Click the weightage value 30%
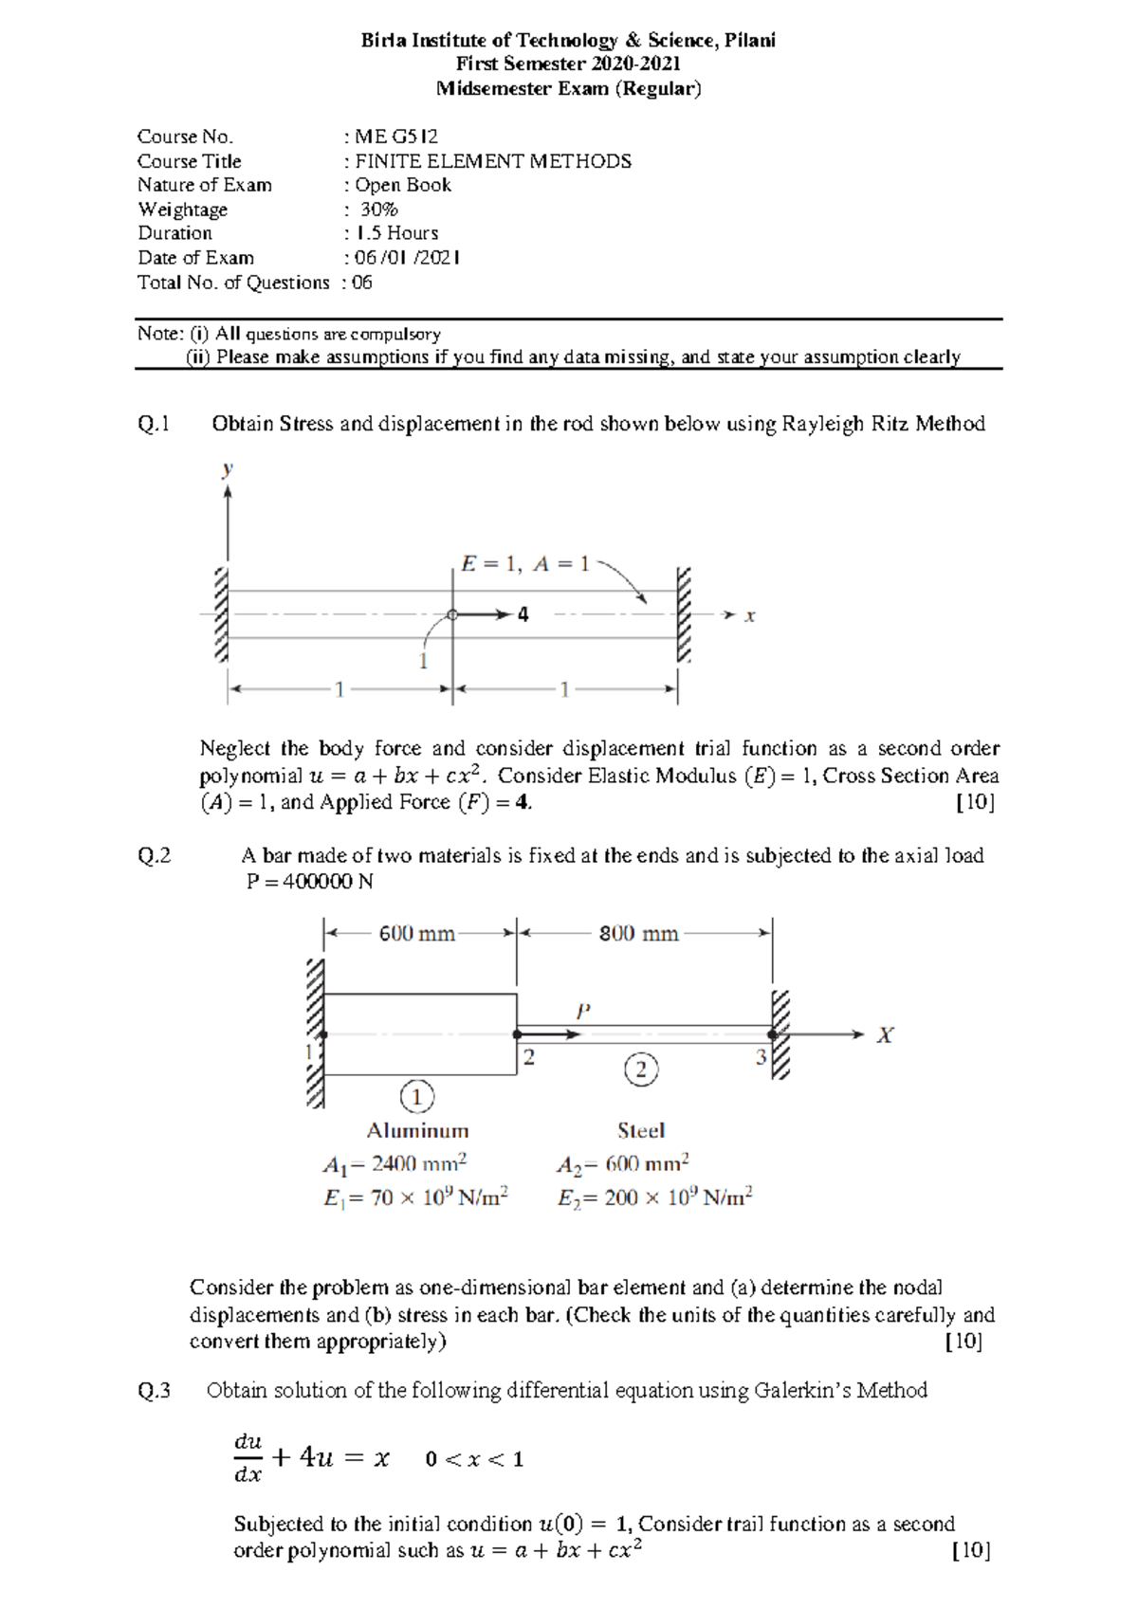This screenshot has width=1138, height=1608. point(378,210)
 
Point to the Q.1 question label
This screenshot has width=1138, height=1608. point(154,424)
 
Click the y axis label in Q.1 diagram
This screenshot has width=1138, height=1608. point(228,469)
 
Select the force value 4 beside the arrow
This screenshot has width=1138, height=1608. point(523,614)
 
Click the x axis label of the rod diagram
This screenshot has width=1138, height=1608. point(749,616)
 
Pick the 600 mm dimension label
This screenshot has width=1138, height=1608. point(417,934)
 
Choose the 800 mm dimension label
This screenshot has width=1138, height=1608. point(638,934)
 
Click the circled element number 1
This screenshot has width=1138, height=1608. point(417,1097)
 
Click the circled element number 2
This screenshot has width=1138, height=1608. point(641,1069)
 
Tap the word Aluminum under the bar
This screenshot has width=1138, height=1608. point(417,1131)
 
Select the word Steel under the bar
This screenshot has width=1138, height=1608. point(641,1131)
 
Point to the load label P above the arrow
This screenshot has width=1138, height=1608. point(583,1012)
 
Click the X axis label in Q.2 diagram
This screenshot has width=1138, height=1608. point(884,1035)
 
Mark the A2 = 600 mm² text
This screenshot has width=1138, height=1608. point(622,1164)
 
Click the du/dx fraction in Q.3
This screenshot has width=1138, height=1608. point(248,1458)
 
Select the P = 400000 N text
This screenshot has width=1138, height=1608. point(309,882)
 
